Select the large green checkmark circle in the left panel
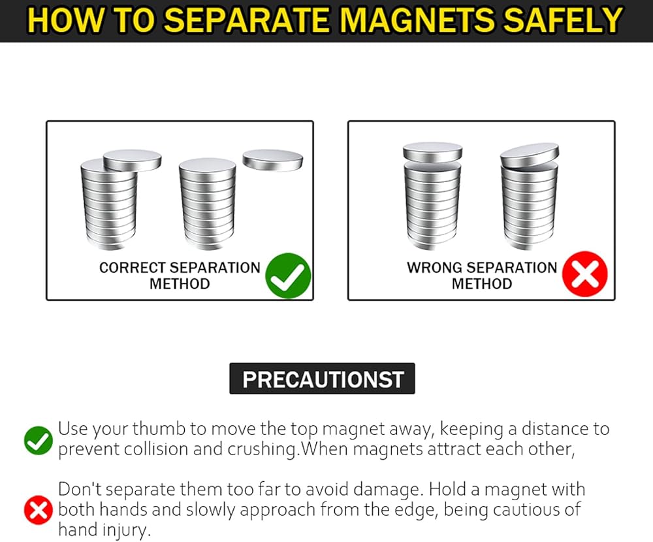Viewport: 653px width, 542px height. [288, 276]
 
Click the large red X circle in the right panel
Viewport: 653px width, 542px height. [584, 274]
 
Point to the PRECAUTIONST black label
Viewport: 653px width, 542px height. [323, 379]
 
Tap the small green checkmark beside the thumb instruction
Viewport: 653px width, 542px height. [39, 440]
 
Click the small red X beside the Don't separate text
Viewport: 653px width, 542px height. [39, 510]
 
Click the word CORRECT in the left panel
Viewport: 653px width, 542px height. [133, 268]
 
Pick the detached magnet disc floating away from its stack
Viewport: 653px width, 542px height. [273, 160]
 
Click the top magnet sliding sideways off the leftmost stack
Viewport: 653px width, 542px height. [133, 160]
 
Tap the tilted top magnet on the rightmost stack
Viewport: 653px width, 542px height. [530, 156]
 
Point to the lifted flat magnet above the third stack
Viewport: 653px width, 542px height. [433, 152]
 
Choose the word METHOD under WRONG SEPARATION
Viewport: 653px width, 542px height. [482, 283]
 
